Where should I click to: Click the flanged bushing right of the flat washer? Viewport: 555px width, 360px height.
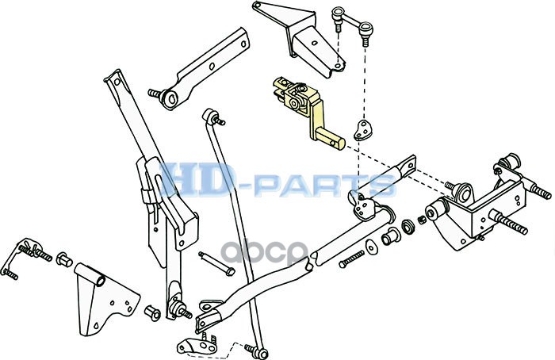point(388,238)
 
